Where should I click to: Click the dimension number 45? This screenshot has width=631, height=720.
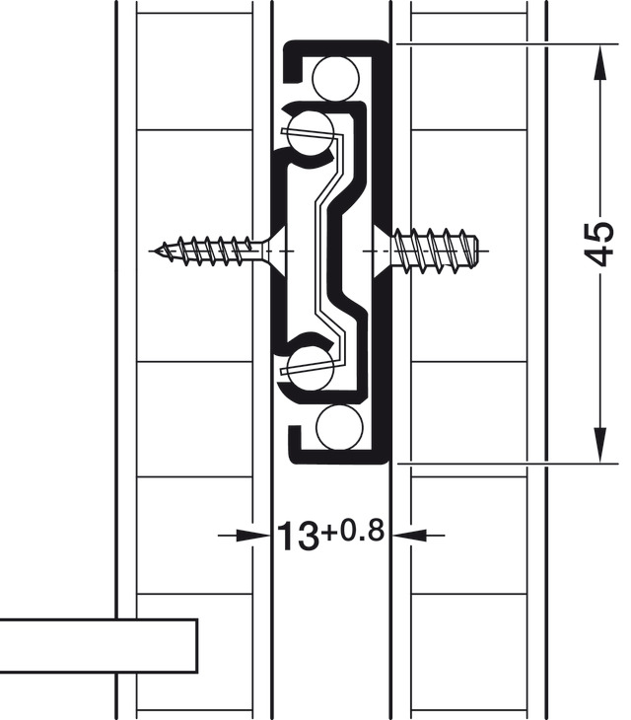pyautogui.click(x=599, y=245)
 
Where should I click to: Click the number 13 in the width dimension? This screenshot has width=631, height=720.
pyautogui.click(x=296, y=537)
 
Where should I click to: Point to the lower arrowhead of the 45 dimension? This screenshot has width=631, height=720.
pyautogui.click(x=599, y=444)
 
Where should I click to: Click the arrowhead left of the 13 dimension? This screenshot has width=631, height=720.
pyautogui.click(x=258, y=535)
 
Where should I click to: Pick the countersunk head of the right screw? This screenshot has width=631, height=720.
pyautogui.click(x=381, y=247)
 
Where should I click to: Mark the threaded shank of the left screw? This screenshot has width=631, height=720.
pyautogui.click(x=212, y=251)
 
